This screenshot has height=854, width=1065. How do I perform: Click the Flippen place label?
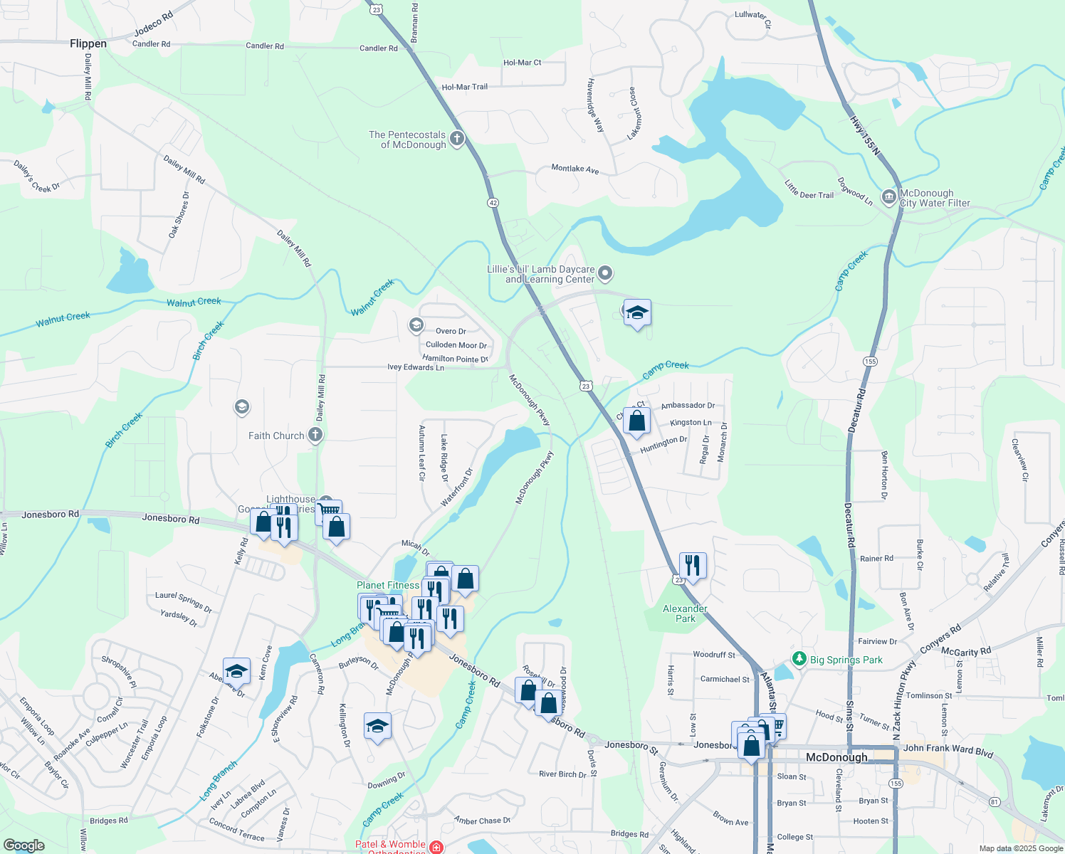pos(88,44)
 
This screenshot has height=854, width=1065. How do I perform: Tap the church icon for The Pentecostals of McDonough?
pos(457,139)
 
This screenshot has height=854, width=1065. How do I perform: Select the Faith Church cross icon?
pos(315,435)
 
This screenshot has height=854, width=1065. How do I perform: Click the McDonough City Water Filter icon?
pos(888,197)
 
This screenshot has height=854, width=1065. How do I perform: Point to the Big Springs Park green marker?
pos(799,659)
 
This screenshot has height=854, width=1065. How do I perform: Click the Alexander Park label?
pos(685,613)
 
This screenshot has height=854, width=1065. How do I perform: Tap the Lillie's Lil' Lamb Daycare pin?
pos(605,273)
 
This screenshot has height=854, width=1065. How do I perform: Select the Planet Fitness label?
pos(388,585)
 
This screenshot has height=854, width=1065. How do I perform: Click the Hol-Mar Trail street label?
pos(465,87)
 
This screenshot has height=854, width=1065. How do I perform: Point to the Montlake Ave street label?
pos(575,169)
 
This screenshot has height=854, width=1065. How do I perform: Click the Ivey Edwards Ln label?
pos(416,367)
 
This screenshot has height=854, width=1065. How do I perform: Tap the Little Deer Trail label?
pos(809,189)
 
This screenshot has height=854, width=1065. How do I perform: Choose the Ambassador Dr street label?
pos(688,406)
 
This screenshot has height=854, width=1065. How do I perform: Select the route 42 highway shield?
pos(493,203)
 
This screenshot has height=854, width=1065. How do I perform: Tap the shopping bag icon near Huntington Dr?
pos(636,421)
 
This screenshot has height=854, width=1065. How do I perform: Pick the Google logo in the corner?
pos(23,845)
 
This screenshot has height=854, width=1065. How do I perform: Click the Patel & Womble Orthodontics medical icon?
pos(436,847)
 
